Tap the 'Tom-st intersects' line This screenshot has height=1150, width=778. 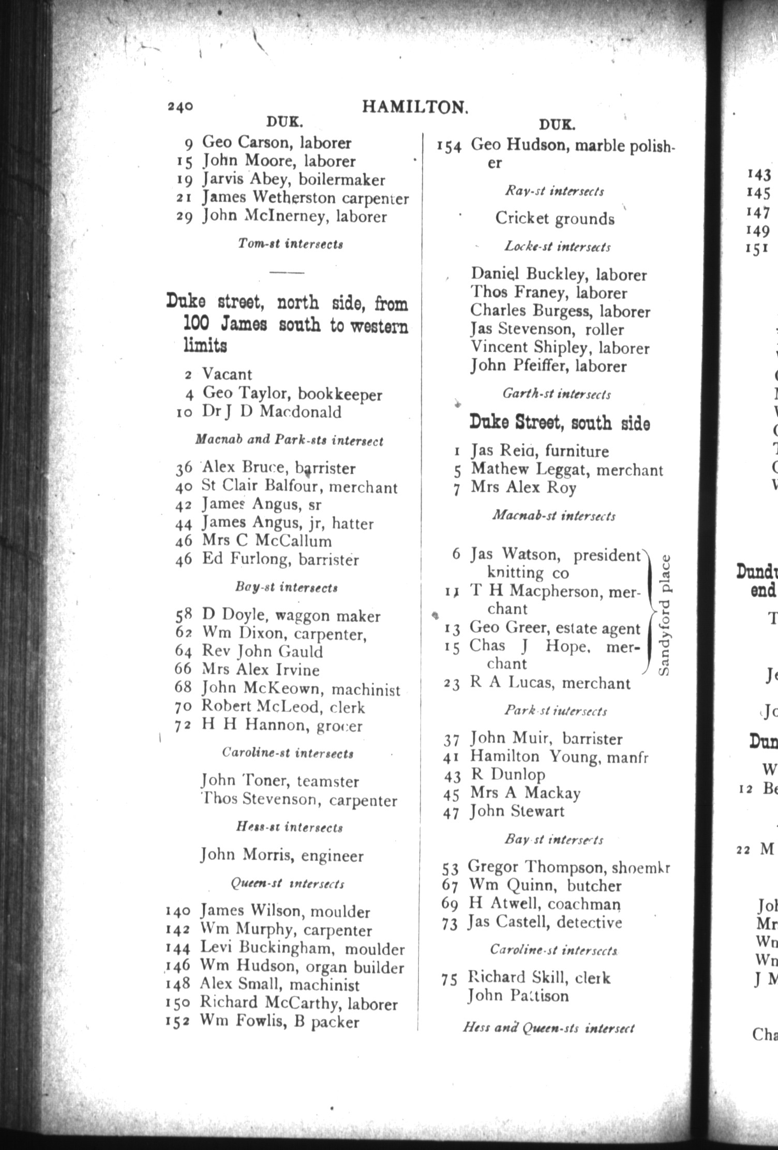point(290,244)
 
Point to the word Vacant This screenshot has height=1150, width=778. point(227,374)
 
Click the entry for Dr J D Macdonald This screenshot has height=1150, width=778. point(272,412)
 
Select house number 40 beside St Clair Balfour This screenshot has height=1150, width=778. point(184,487)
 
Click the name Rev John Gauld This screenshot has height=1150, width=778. point(262,651)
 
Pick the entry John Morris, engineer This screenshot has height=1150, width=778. point(282,855)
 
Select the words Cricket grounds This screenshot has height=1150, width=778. point(555,218)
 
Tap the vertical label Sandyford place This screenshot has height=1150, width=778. point(665,615)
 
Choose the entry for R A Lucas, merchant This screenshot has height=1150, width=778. point(550,683)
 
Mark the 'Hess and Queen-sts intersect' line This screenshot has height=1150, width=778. point(548,1028)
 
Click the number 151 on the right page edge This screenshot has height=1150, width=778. point(757,248)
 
